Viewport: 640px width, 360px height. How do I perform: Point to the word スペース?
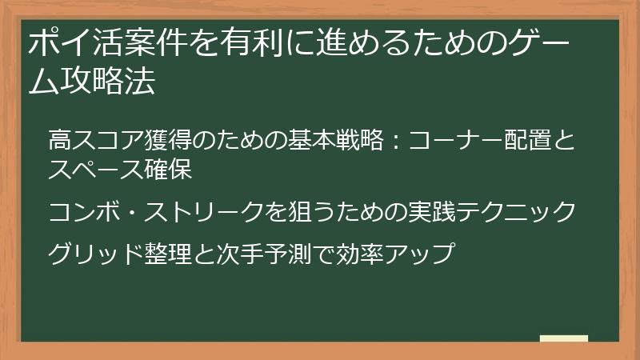click(93, 170)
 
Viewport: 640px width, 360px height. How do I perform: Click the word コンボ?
click(81, 212)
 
